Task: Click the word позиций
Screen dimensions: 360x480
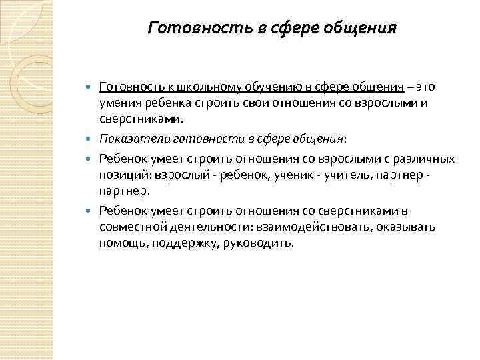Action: [124, 175]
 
